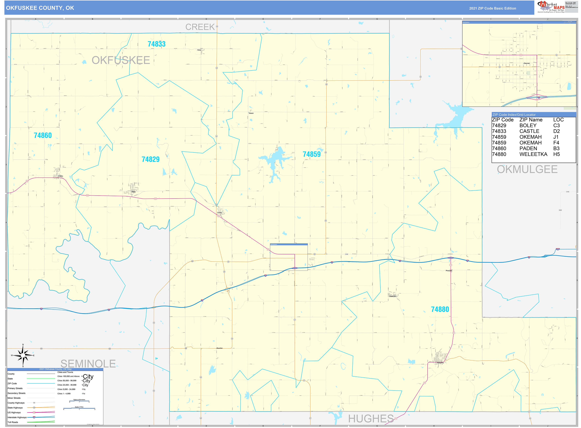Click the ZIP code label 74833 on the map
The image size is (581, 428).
click(x=156, y=44)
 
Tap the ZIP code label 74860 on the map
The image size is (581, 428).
click(x=43, y=135)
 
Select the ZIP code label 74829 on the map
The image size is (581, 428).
click(x=150, y=159)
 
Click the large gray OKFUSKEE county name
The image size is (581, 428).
click(x=121, y=60)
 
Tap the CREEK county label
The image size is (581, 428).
click(x=200, y=27)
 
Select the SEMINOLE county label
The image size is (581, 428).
click(x=88, y=364)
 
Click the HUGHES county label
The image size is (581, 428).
click(x=371, y=418)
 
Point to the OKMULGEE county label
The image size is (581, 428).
click(x=527, y=169)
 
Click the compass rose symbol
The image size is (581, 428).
click(x=23, y=355)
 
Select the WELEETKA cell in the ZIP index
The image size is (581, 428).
click(x=533, y=154)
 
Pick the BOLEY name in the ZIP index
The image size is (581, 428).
click(x=528, y=126)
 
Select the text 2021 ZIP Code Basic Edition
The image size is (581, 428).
click(x=492, y=8)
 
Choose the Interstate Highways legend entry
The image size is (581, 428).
click(x=17, y=417)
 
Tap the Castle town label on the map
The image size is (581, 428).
click(x=219, y=213)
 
